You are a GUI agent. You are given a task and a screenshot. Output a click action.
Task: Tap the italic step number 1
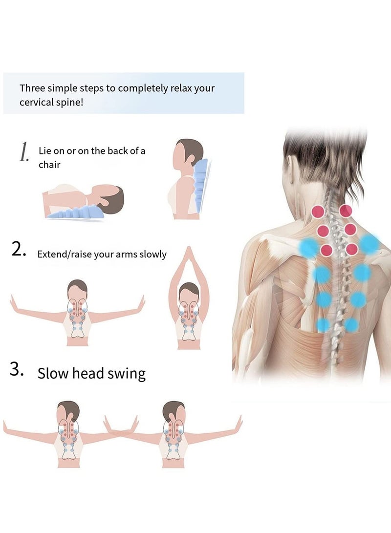(24, 152)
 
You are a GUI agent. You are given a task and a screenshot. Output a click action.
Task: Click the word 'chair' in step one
(49, 165)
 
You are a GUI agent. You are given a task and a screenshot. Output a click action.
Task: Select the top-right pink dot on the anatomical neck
(346, 211)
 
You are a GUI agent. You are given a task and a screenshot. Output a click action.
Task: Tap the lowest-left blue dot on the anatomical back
(323, 324)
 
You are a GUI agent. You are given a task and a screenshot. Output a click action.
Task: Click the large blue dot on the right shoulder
(369, 244)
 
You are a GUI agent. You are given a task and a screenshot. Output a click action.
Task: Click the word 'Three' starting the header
(31, 88)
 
